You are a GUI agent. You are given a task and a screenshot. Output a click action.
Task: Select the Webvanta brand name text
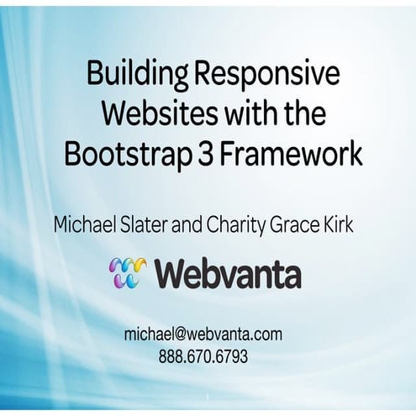pos(228,274)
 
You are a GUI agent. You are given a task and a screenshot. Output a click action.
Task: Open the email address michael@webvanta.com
pos(203,334)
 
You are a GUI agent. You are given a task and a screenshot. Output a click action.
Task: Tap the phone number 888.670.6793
pos(203,356)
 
